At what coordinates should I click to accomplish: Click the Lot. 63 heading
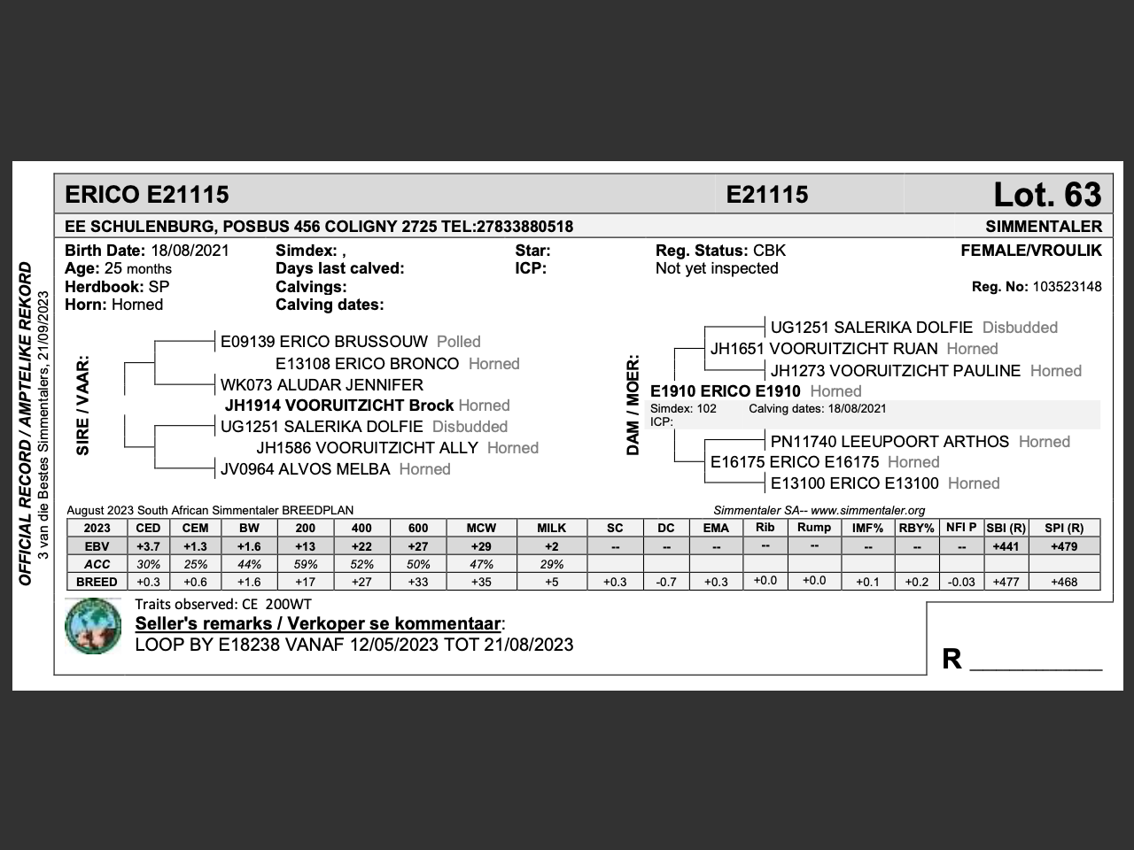click(1046, 195)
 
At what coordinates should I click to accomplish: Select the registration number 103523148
click(1067, 286)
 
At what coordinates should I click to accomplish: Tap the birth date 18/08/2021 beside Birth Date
click(190, 251)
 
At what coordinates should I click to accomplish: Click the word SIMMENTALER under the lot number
click(1044, 226)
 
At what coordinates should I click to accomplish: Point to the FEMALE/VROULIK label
click(1031, 251)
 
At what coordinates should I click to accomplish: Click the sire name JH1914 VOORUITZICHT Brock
click(339, 406)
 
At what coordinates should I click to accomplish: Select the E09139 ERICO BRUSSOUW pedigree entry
click(324, 342)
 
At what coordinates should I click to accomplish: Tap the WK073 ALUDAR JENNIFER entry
click(322, 385)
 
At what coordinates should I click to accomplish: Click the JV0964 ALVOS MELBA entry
click(305, 469)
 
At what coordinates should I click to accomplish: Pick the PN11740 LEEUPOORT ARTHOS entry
click(889, 442)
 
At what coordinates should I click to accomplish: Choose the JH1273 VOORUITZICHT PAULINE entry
click(895, 371)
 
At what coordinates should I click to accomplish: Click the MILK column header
click(551, 528)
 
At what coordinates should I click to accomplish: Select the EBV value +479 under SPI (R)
click(1063, 546)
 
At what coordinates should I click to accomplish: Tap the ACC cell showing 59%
click(305, 564)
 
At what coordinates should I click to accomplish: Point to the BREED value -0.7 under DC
click(665, 582)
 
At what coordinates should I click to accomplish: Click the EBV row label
click(97, 546)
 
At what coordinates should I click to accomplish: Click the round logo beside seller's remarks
click(93, 626)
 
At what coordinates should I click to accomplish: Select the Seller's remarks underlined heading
click(318, 623)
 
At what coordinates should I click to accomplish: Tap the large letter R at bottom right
click(951, 659)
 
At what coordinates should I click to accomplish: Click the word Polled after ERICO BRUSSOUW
click(459, 342)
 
